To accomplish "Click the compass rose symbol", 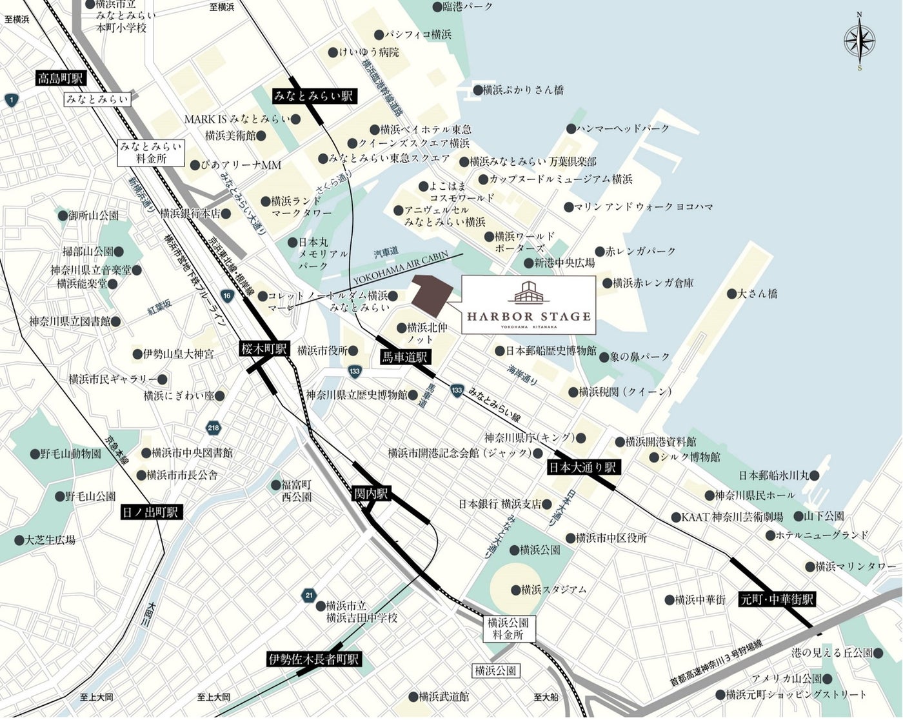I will point(859,42).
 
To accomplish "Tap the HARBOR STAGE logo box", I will point(529,305).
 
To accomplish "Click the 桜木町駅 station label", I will point(263,349).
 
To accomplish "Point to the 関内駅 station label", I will point(372,494).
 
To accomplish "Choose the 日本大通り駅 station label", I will point(583,467).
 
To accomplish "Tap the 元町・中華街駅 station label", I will point(777,599).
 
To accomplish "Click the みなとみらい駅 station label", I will point(314,96).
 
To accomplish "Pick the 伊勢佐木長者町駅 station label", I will point(314,659).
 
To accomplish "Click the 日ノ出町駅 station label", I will point(152,513).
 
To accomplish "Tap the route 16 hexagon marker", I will point(226,295).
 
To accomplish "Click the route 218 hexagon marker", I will point(213,428).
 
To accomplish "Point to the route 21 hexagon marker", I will point(309,595).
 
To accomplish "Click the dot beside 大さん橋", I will point(731,294).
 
